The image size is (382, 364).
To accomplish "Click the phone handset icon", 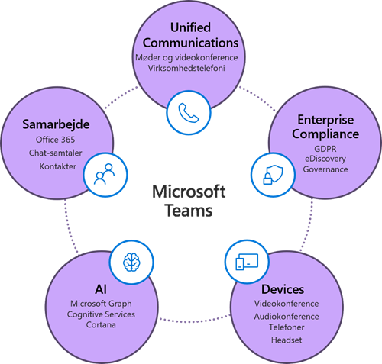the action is tap(189, 113).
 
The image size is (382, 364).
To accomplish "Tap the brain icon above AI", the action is tap(131, 263).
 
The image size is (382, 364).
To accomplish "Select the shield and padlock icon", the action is tap(273, 175).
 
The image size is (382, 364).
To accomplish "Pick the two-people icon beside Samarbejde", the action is tap(105, 174).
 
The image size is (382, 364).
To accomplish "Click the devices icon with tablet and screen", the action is tap(247, 262).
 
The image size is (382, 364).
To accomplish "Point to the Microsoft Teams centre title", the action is tap(189, 201).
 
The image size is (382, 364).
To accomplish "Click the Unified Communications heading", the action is tap(190, 35).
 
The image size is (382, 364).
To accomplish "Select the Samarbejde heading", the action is tap(56, 124).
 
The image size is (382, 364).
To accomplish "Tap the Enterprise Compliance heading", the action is tap(325, 127).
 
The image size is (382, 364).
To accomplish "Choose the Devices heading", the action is tap(283, 289).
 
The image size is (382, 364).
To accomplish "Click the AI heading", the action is tap(101, 289).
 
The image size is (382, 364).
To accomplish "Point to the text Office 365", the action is tap(55, 140).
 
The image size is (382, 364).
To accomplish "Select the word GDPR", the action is tap(325, 149).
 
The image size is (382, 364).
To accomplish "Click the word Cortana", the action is tap(101, 325).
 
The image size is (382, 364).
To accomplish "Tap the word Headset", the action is tap(286, 340).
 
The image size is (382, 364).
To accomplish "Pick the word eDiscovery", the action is tap(325, 159).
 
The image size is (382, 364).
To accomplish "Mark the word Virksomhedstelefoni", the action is tap(186, 68).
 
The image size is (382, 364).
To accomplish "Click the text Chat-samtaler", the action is tap(56, 153).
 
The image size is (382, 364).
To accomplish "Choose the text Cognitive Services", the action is tap(101, 314).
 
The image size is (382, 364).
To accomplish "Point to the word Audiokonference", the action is tap(286, 317).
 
